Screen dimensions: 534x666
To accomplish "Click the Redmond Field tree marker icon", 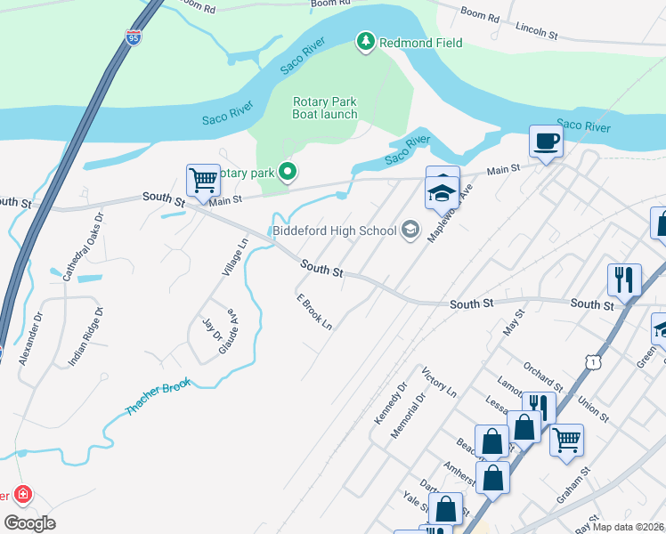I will click(365, 42).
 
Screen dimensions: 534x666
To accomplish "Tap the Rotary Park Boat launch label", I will click(325, 108).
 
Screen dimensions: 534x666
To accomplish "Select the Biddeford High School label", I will click(335, 231).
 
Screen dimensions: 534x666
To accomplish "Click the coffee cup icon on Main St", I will click(546, 141).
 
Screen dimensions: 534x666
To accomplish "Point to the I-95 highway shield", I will click(134, 37).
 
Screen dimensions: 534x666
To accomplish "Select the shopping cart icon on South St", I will click(203, 180).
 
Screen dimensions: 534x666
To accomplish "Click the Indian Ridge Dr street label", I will click(86, 337).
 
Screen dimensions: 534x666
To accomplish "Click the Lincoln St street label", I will click(536, 32).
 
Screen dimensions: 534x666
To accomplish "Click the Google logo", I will click(30, 523).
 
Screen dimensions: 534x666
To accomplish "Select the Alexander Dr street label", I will click(38, 328).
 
